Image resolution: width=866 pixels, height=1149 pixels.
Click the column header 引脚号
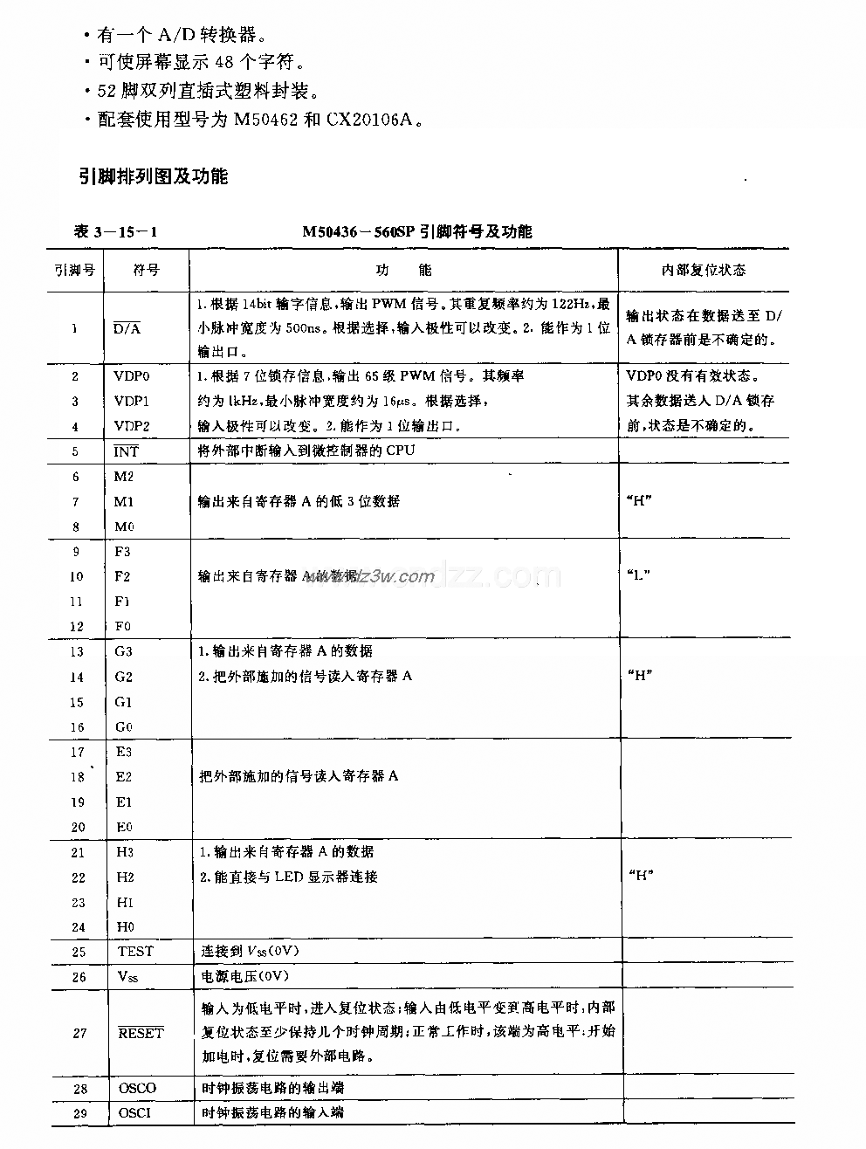coord(74,271)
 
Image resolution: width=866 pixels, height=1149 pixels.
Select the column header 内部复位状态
coord(703,271)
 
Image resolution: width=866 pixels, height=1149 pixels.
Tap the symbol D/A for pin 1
coord(127,328)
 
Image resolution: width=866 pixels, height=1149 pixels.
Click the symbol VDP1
coord(132,401)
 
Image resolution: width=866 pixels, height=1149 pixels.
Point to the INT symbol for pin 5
coord(126,451)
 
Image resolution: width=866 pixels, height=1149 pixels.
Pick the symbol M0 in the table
coord(124,526)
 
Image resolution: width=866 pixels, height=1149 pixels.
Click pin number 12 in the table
coord(76,626)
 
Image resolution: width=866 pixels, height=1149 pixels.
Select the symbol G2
coord(124,677)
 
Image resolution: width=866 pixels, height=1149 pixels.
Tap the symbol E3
coord(124,752)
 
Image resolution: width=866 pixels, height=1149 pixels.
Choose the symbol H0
coord(124,927)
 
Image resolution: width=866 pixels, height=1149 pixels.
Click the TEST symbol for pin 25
coord(135,952)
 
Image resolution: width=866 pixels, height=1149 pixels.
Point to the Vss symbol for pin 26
coord(127,977)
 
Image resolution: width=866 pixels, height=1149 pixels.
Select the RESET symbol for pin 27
coord(141,1033)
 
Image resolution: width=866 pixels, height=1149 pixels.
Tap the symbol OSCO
coord(137,1088)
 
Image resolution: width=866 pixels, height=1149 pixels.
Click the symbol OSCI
coord(135,1113)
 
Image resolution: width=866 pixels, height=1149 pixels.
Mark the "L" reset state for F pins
coord(640,576)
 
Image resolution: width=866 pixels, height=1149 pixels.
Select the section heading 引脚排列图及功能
coord(152,176)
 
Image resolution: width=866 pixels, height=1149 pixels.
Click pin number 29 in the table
coord(80,1113)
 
